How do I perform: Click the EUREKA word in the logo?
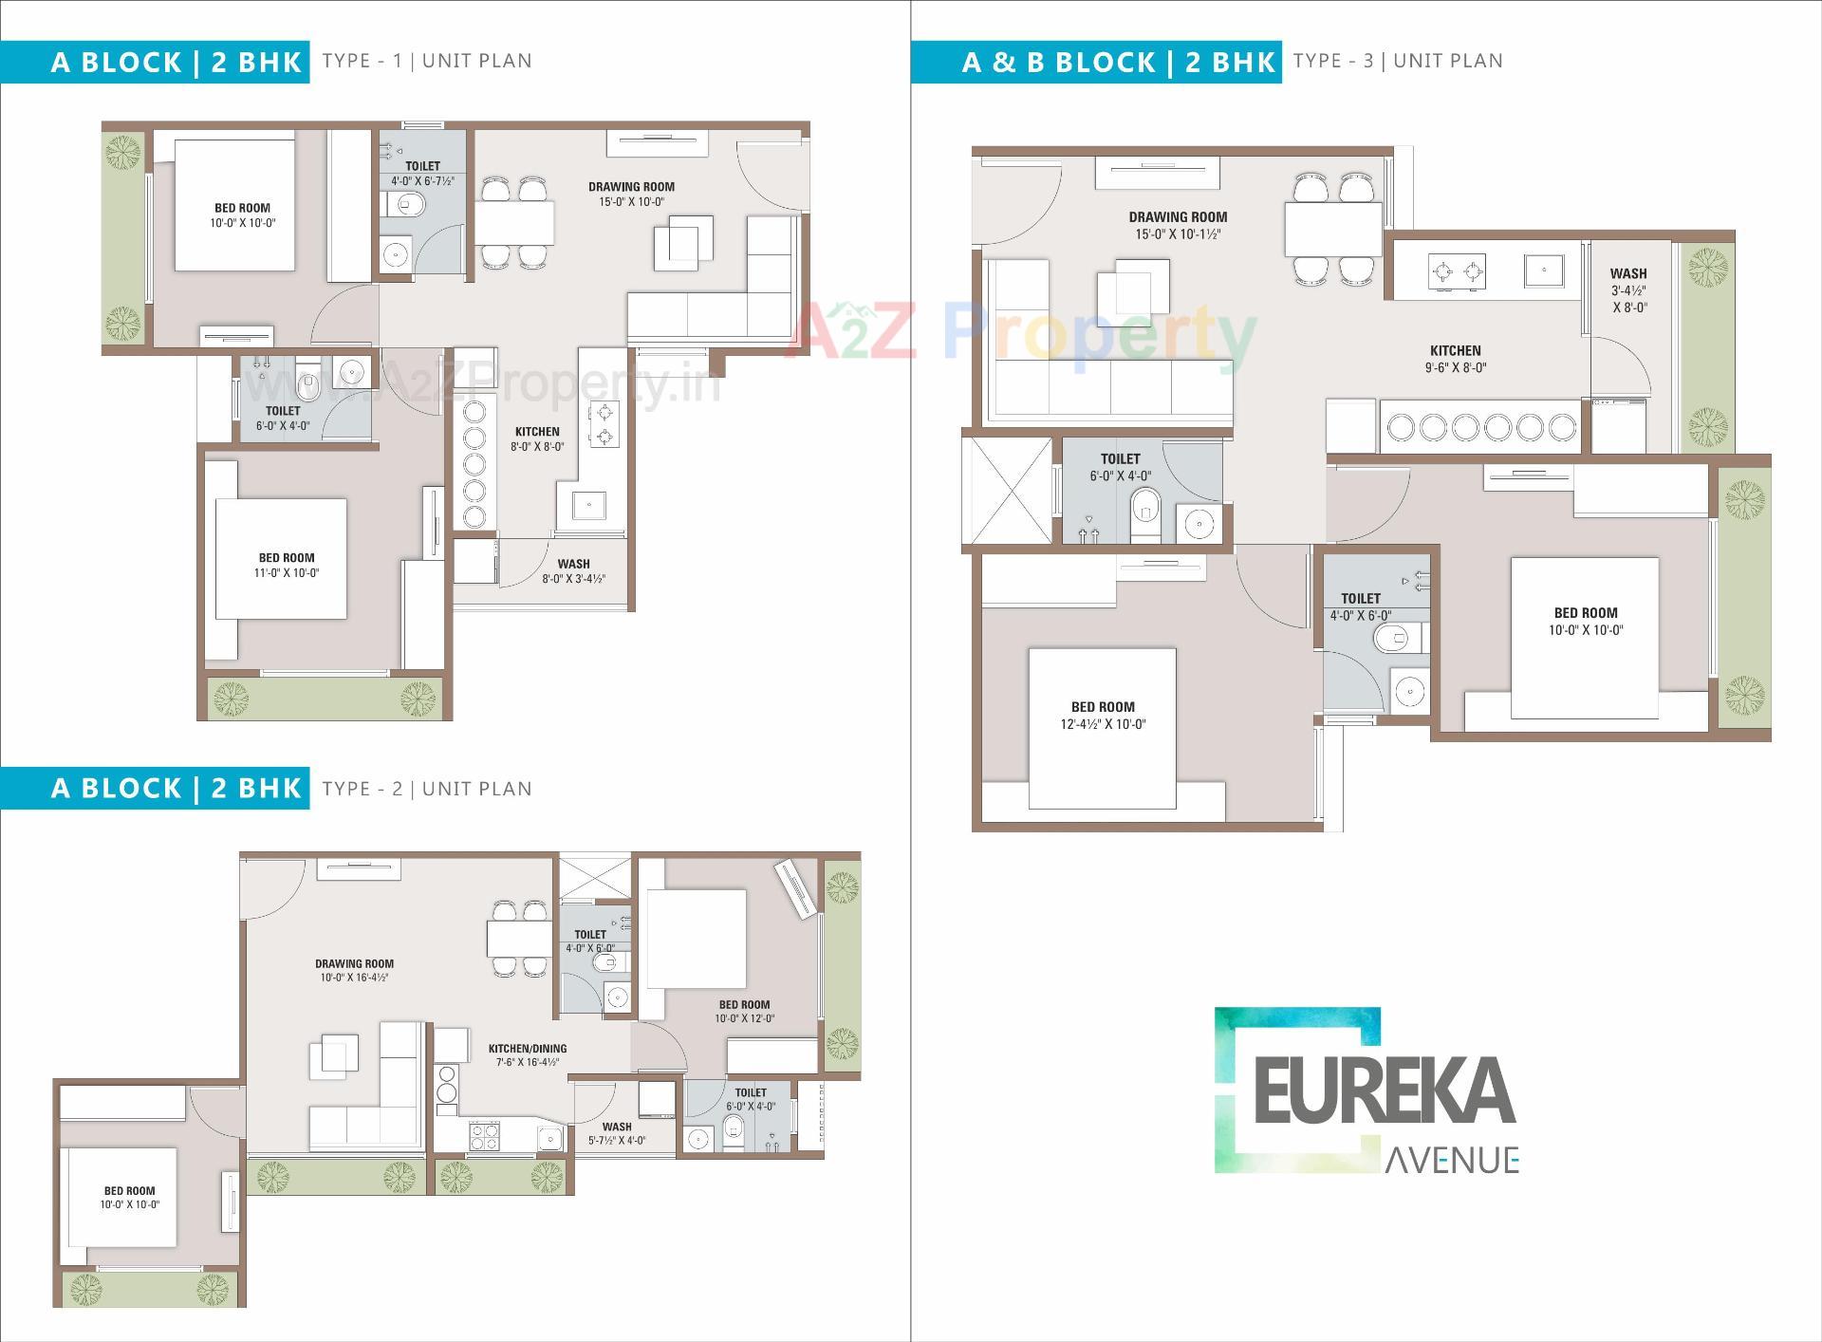tap(1385, 1090)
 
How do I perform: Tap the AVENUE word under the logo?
tap(1452, 1159)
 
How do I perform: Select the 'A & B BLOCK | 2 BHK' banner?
tap(1097, 62)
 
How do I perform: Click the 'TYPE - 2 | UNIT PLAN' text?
tap(427, 789)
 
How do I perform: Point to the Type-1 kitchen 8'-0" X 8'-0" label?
tap(537, 438)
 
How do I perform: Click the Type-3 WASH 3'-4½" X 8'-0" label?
tap(1628, 289)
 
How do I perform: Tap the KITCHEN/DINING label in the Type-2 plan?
tap(528, 1055)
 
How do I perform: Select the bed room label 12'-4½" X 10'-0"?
tap(1103, 716)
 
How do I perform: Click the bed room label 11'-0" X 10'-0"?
tap(287, 566)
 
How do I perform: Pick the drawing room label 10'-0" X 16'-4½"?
tap(354, 970)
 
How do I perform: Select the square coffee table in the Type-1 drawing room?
tap(682, 240)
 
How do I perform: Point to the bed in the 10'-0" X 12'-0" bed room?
tap(696, 939)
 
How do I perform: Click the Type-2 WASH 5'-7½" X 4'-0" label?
tap(617, 1133)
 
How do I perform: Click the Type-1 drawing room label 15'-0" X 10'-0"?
tap(631, 194)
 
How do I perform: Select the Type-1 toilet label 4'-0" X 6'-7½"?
tap(422, 173)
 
